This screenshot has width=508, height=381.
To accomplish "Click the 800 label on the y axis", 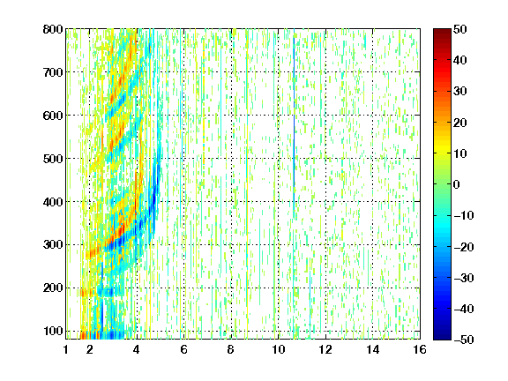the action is click(x=53, y=29).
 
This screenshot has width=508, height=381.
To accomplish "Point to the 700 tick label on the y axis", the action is click(x=53, y=72).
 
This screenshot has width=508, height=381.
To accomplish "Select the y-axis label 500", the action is click(x=53, y=159).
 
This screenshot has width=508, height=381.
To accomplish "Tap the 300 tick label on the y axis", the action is click(x=53, y=244).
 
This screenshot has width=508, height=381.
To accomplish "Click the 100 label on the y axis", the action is click(x=53, y=331).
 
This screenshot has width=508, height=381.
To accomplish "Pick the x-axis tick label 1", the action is click(x=66, y=349).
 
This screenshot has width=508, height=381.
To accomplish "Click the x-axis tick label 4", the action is click(x=137, y=349).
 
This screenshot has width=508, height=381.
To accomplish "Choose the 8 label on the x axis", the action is click(x=231, y=349).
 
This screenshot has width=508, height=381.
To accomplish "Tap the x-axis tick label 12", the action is click(x=325, y=349).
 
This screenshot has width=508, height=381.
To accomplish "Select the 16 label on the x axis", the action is click(x=420, y=349).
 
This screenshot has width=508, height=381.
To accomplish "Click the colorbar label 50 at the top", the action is click(x=460, y=29).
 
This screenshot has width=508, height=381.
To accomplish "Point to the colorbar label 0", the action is click(x=457, y=184).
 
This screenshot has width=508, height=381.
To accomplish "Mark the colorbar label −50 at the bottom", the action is click(x=464, y=340).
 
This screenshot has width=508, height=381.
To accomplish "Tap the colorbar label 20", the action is click(x=460, y=123).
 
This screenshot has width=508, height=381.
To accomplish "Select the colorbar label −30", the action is click(x=464, y=278).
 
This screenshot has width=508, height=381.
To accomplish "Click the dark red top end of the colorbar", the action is click(x=442, y=31).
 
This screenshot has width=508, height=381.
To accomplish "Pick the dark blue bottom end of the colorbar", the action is click(x=442, y=337).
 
